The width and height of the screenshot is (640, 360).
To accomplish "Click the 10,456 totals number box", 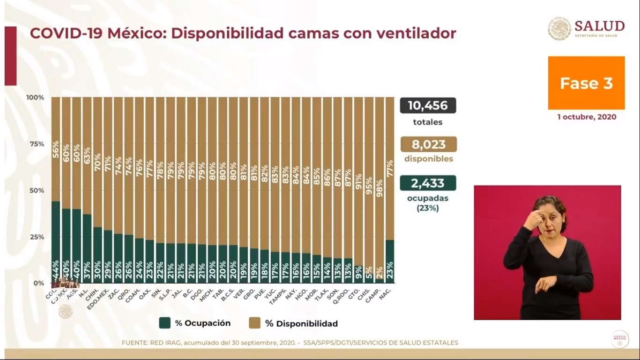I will (x=428, y=105).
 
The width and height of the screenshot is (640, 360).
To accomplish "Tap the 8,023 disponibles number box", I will (x=428, y=144).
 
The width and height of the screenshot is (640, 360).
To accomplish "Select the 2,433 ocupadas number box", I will (x=428, y=183).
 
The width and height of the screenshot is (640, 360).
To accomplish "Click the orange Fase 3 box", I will (x=586, y=83).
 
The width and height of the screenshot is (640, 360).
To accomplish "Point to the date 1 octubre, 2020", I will (x=587, y=117).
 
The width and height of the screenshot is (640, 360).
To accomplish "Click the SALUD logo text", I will (x=599, y=26).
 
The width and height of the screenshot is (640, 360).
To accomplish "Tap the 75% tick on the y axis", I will (x=37, y=144).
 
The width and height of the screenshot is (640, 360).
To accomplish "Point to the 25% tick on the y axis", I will (x=37, y=237).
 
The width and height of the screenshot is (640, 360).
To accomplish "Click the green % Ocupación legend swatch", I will (x=164, y=323).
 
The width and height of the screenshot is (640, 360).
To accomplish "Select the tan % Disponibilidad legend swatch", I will (x=255, y=323).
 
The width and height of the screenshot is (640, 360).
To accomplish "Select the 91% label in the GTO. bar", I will (x=359, y=181).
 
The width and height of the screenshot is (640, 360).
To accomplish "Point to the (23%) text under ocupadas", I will (x=427, y=208).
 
